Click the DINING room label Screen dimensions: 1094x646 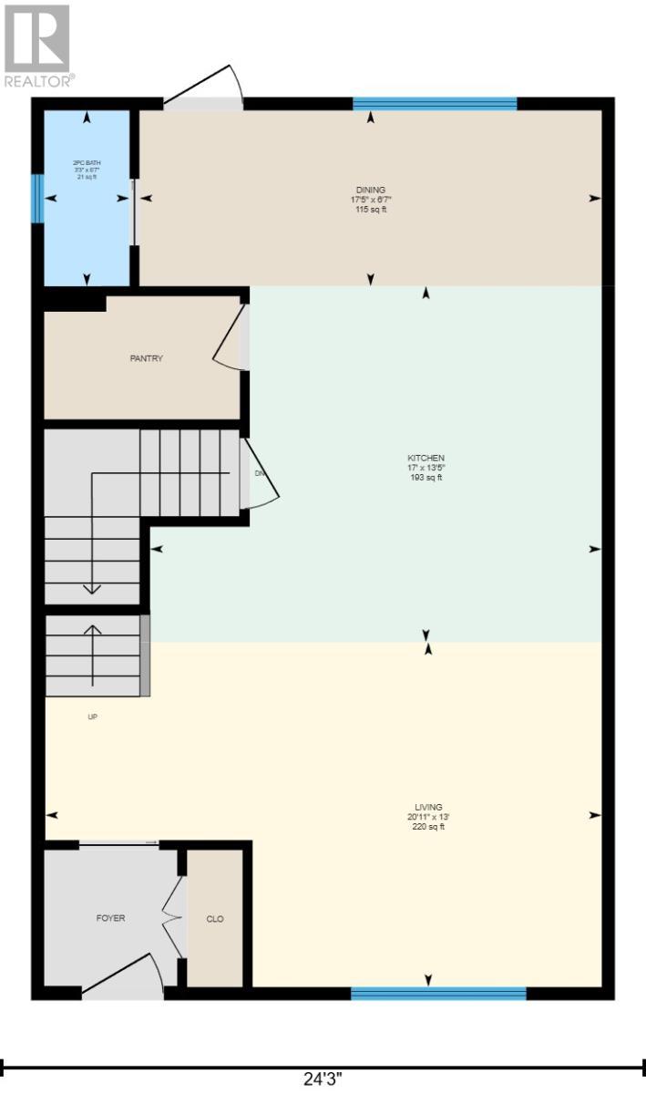pyautogui.click(x=371, y=190)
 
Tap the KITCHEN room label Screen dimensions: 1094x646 pyautogui.click(x=426, y=458)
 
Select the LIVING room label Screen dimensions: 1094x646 pyautogui.click(x=428, y=807)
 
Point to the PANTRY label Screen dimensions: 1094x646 pyautogui.click(x=146, y=358)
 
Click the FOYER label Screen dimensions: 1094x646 pyautogui.click(x=110, y=918)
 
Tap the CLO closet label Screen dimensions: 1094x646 pyautogui.click(x=215, y=919)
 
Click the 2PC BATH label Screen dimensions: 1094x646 pyautogui.click(x=86, y=163)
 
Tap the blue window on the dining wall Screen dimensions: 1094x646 pyautogui.click(x=435, y=103)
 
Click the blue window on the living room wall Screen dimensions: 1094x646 pyautogui.click(x=438, y=993)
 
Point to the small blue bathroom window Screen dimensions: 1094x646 pyautogui.click(x=37, y=199)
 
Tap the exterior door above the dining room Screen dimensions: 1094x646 pyautogui.click(x=205, y=89)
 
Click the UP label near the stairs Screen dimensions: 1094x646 pyautogui.click(x=92, y=717)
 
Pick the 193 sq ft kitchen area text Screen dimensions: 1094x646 pyautogui.click(x=426, y=478)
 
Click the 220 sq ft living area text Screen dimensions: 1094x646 pyautogui.click(x=428, y=827)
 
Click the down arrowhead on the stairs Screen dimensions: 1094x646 pyautogui.click(x=91, y=588)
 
